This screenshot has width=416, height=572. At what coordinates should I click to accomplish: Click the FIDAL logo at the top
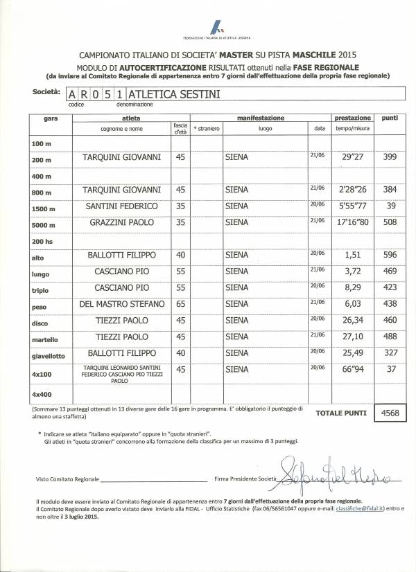(x=217, y=29)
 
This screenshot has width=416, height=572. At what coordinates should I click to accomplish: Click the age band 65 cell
(x=180, y=304)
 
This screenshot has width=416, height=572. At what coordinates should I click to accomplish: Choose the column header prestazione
(x=353, y=118)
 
